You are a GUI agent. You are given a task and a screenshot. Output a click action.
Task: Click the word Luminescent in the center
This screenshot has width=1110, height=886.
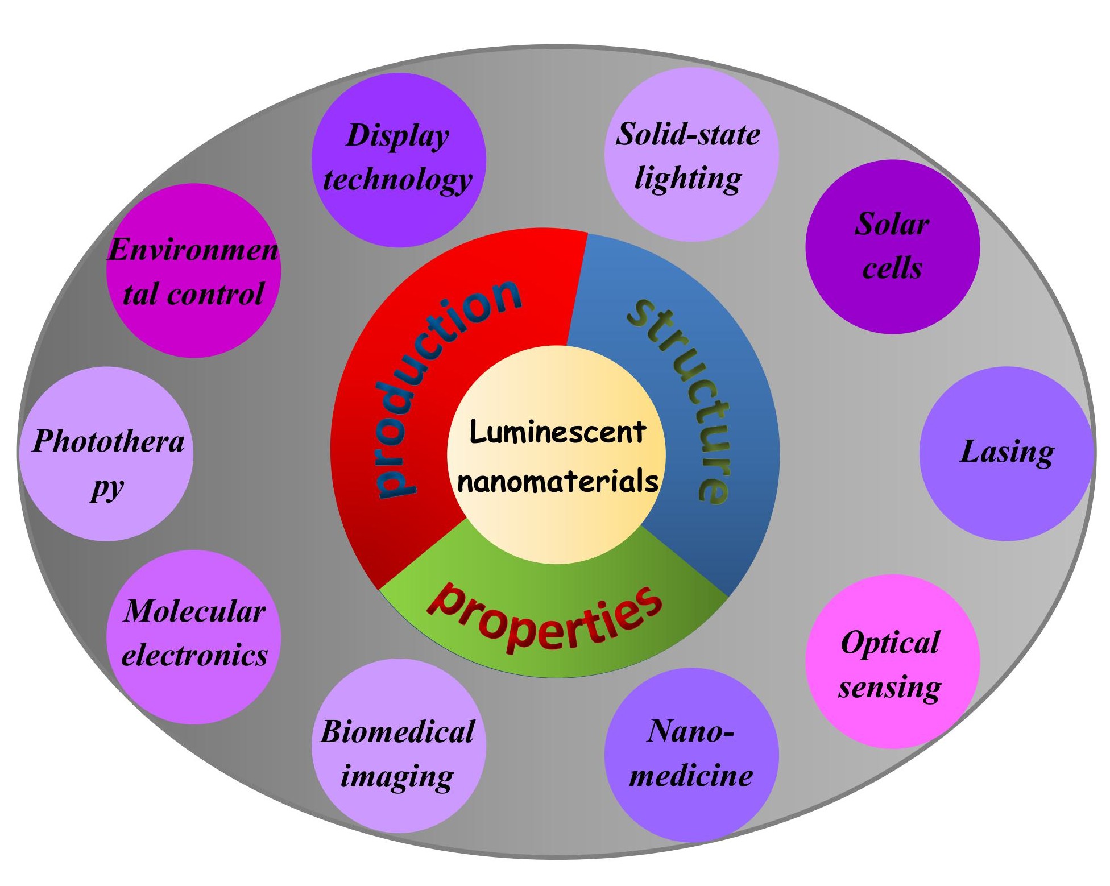tap(557, 432)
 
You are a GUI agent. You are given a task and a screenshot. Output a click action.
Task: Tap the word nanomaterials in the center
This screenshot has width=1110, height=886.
tap(557, 482)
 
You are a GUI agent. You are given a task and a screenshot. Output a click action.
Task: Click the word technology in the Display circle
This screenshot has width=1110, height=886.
tap(397, 179)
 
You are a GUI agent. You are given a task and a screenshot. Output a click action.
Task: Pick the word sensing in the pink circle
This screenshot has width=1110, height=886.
tap(889, 687)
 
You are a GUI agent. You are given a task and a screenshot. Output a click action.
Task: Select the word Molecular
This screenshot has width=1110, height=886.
tap(194, 611)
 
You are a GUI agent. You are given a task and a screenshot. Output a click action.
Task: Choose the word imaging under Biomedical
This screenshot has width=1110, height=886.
tap(397, 776)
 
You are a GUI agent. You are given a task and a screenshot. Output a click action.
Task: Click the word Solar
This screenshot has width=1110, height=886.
tap(892, 223)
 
